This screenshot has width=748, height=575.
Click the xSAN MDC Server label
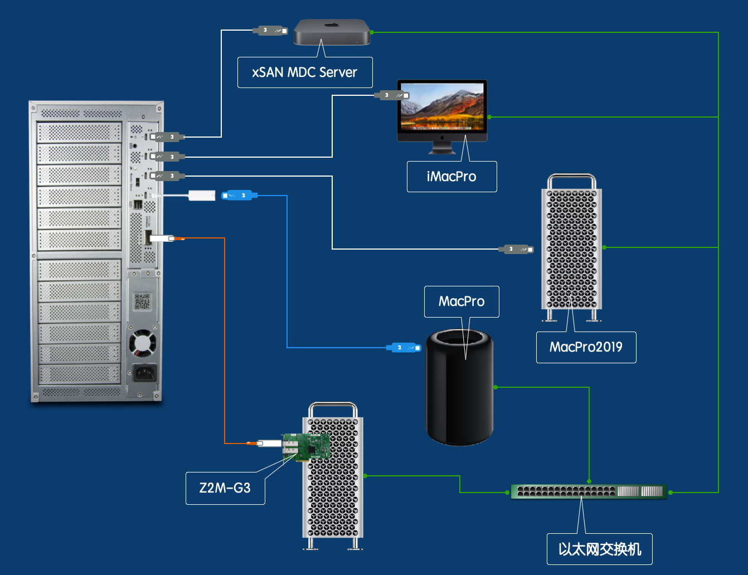[305, 72]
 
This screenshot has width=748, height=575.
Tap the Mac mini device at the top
[332, 32]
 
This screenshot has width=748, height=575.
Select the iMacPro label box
[451, 177]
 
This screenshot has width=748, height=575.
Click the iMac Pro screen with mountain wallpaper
[442, 107]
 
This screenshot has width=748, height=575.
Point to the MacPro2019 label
[586, 347]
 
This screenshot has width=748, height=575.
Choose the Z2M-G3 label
[225, 488]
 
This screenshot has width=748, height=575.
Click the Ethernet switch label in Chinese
[600, 549]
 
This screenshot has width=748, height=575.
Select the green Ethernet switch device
[589, 491]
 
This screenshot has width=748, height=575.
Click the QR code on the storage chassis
[142, 302]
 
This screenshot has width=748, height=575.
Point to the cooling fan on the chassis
[143, 344]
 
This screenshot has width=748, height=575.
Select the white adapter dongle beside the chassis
[201, 196]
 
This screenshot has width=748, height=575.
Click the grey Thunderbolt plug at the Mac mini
[270, 30]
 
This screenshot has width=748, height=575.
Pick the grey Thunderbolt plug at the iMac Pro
[392, 95]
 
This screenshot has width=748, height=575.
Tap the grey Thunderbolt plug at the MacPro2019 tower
[516, 249]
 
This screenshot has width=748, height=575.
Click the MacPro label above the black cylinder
[462, 301]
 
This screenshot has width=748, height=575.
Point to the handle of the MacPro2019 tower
[572, 180]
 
